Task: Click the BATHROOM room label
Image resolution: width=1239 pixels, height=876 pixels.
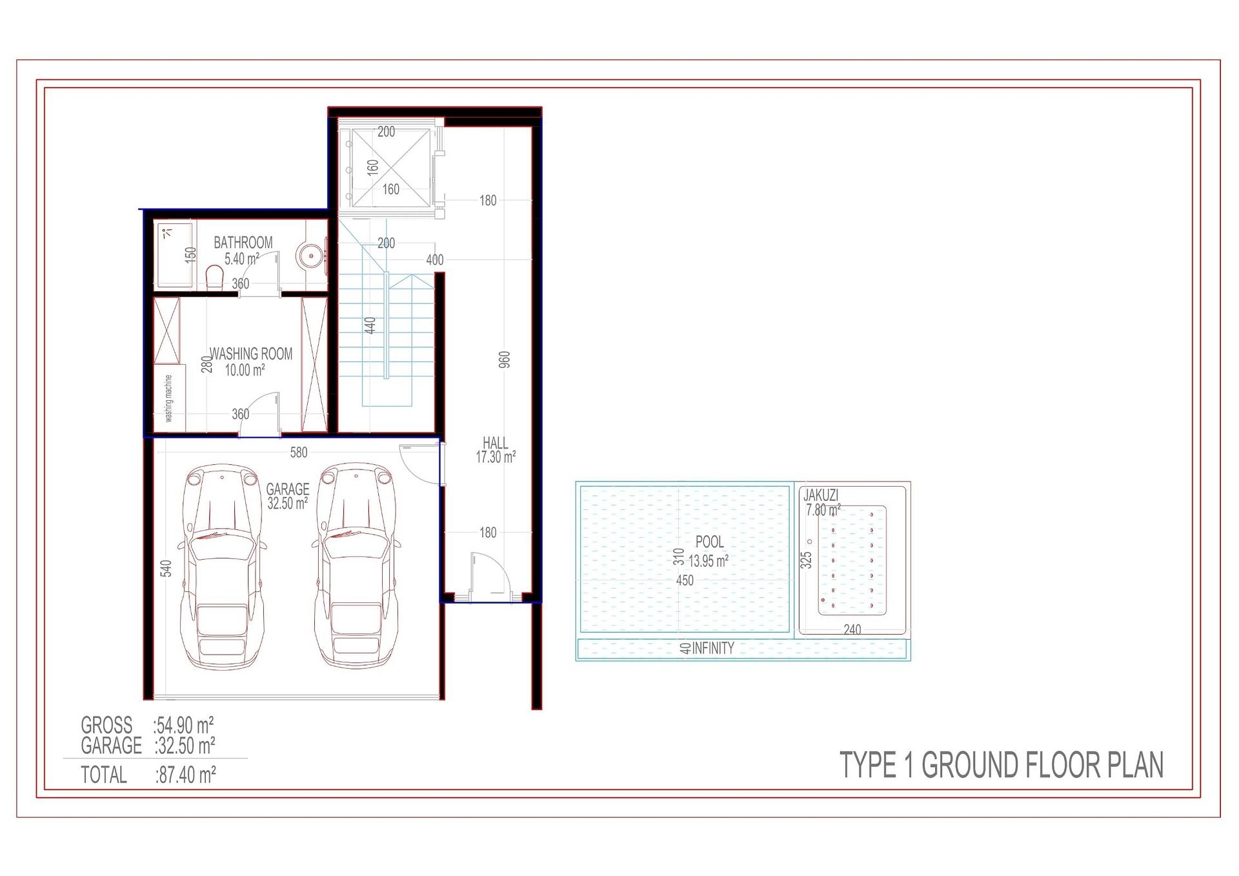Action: click(243, 243)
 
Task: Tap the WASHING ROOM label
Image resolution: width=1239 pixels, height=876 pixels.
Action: click(250, 354)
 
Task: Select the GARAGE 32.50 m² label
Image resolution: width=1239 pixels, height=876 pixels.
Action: click(287, 496)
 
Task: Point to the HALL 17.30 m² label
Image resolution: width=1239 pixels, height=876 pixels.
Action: click(495, 450)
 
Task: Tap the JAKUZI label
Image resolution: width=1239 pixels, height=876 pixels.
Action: click(820, 495)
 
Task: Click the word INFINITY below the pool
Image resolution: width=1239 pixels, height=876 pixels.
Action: click(712, 648)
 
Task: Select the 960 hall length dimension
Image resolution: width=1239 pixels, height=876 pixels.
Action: click(505, 360)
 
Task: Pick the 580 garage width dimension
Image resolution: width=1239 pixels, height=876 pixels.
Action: click(298, 453)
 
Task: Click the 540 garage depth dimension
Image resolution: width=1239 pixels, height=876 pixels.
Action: click(166, 569)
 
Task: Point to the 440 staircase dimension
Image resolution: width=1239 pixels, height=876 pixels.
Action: click(370, 325)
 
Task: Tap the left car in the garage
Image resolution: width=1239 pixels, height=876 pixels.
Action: click(222, 565)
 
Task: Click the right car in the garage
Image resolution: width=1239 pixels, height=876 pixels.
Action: click(356, 565)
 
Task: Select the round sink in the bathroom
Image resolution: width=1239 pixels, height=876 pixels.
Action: click(311, 256)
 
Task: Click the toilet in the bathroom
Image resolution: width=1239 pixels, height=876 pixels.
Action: click(214, 278)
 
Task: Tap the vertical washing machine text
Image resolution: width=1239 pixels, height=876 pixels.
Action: click(168, 398)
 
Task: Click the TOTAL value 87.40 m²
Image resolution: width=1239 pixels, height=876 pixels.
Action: click(185, 775)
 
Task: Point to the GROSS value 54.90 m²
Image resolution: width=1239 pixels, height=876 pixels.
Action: click(184, 725)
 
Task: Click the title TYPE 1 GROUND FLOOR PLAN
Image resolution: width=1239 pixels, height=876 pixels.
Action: click(1001, 765)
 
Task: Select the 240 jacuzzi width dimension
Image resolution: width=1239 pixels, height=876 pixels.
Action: click(852, 629)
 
